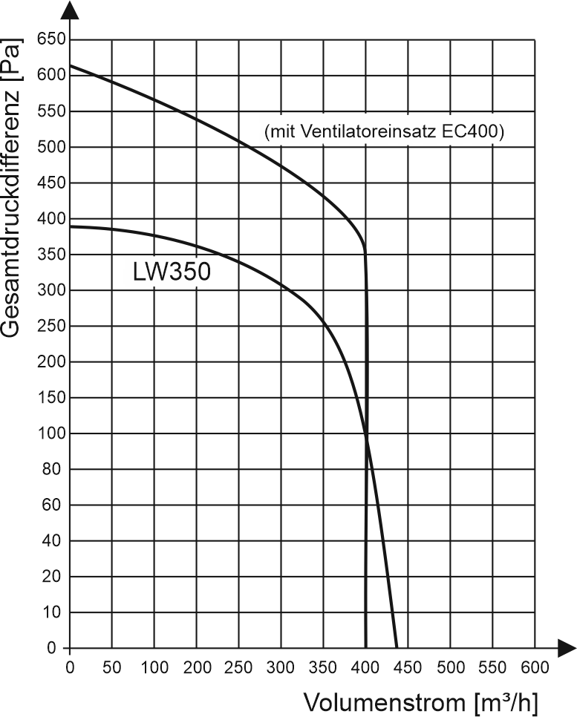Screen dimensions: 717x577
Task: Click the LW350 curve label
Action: (172, 271)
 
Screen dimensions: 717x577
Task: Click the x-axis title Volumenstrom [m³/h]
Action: (421, 701)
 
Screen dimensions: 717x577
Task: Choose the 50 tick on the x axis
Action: (111, 667)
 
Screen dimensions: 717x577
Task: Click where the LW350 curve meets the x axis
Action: (397, 648)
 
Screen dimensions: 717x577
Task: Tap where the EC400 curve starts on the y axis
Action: (69, 65)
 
